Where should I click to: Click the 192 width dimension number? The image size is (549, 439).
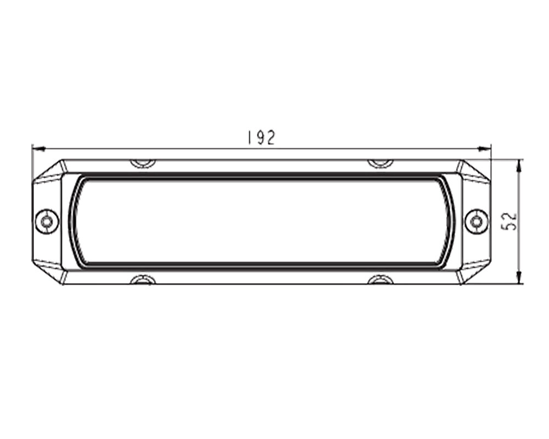pos(261,138)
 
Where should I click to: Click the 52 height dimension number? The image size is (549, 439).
pos(509,221)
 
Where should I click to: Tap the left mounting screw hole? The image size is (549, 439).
pos(47,222)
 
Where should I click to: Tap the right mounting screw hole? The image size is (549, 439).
pos(476,222)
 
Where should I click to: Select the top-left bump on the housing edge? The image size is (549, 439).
pos(143,163)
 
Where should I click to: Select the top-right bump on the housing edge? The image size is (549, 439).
pos(382,163)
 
